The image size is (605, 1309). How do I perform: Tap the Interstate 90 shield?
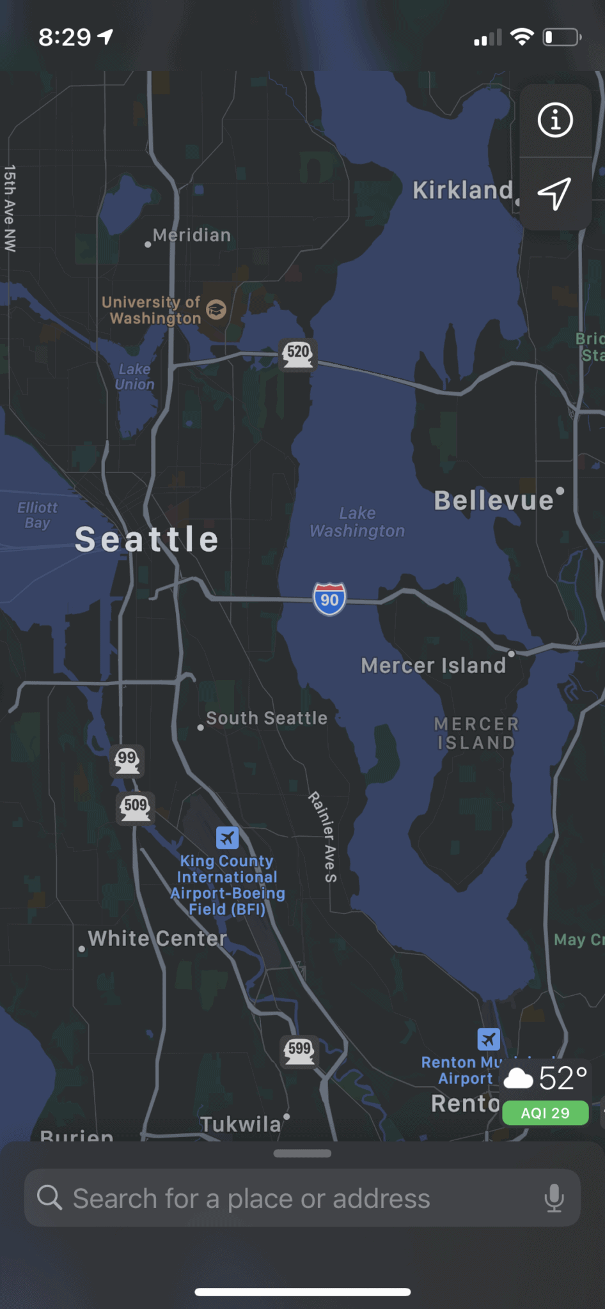coord(329,599)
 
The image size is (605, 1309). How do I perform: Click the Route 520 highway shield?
coord(298,353)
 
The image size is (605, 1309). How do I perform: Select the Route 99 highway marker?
coord(127,760)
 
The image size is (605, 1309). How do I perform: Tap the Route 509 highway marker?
coord(136,807)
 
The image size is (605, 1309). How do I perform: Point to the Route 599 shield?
coord(299,1051)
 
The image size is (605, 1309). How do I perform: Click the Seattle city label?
coord(147,539)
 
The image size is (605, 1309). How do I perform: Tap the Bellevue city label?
coord(494,500)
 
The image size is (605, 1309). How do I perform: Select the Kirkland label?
coord(462,190)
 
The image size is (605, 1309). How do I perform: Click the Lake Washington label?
coord(357,522)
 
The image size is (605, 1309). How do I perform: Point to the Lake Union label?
coord(135,376)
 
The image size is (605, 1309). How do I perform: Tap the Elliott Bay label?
coord(37,515)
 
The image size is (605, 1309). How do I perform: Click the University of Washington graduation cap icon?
coord(217,310)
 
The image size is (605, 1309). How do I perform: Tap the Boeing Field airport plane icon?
coord(227,837)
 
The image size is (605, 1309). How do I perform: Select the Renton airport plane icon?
coord(489,1039)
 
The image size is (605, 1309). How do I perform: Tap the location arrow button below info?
coord(554,193)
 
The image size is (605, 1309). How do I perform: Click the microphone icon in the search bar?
coord(554,1198)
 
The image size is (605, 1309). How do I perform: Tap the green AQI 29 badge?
coord(545,1113)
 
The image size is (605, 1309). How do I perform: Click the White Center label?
coord(157,938)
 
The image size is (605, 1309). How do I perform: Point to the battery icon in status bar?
coord(562,37)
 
